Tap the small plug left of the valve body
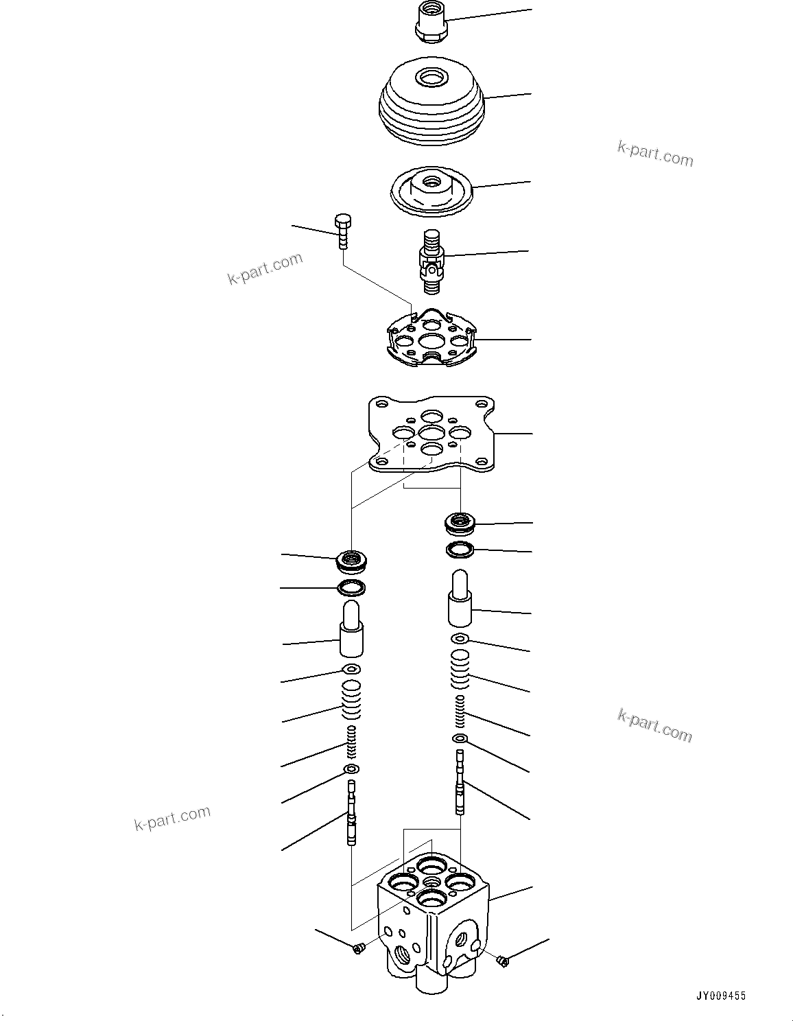357,948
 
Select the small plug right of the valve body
502,961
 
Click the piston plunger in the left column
351,629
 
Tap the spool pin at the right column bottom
460,782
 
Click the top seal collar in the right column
460,524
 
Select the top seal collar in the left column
353,561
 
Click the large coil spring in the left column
351,699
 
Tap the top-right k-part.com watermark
655,154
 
